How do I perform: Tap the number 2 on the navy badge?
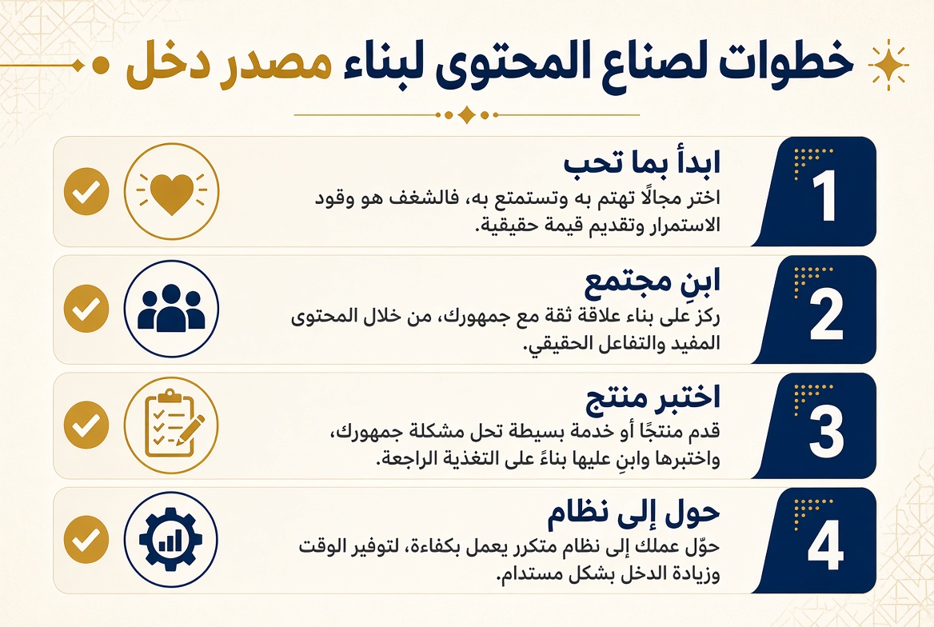(x=825, y=314)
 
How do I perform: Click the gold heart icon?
(x=172, y=192)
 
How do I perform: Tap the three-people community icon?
(x=172, y=309)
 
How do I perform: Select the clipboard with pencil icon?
(x=172, y=425)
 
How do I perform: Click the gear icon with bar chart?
(x=172, y=539)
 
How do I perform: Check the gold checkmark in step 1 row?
(x=86, y=192)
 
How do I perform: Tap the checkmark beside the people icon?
(x=86, y=309)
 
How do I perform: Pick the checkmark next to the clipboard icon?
(x=86, y=425)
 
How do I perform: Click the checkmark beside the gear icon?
(x=86, y=539)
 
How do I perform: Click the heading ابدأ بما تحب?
(x=642, y=162)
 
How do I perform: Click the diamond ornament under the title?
(x=466, y=114)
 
